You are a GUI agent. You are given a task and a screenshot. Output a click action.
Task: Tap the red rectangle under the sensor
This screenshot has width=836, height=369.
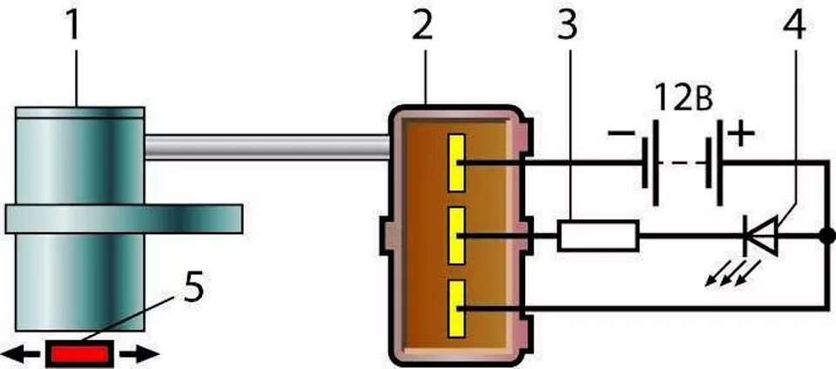click(x=79, y=353)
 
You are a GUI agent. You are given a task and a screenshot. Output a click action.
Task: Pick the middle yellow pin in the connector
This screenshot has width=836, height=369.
click(x=455, y=236)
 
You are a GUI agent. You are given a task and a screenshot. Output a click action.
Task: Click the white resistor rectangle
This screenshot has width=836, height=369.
click(x=598, y=236)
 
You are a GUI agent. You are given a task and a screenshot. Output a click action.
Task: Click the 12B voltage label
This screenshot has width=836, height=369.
click(x=684, y=97)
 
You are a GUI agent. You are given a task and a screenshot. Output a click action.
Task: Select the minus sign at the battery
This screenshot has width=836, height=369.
click(x=622, y=136)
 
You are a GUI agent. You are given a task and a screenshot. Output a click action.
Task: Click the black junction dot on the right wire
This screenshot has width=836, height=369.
click(x=823, y=236)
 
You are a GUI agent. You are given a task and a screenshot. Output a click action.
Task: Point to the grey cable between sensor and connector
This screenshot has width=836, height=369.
click(x=266, y=146)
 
